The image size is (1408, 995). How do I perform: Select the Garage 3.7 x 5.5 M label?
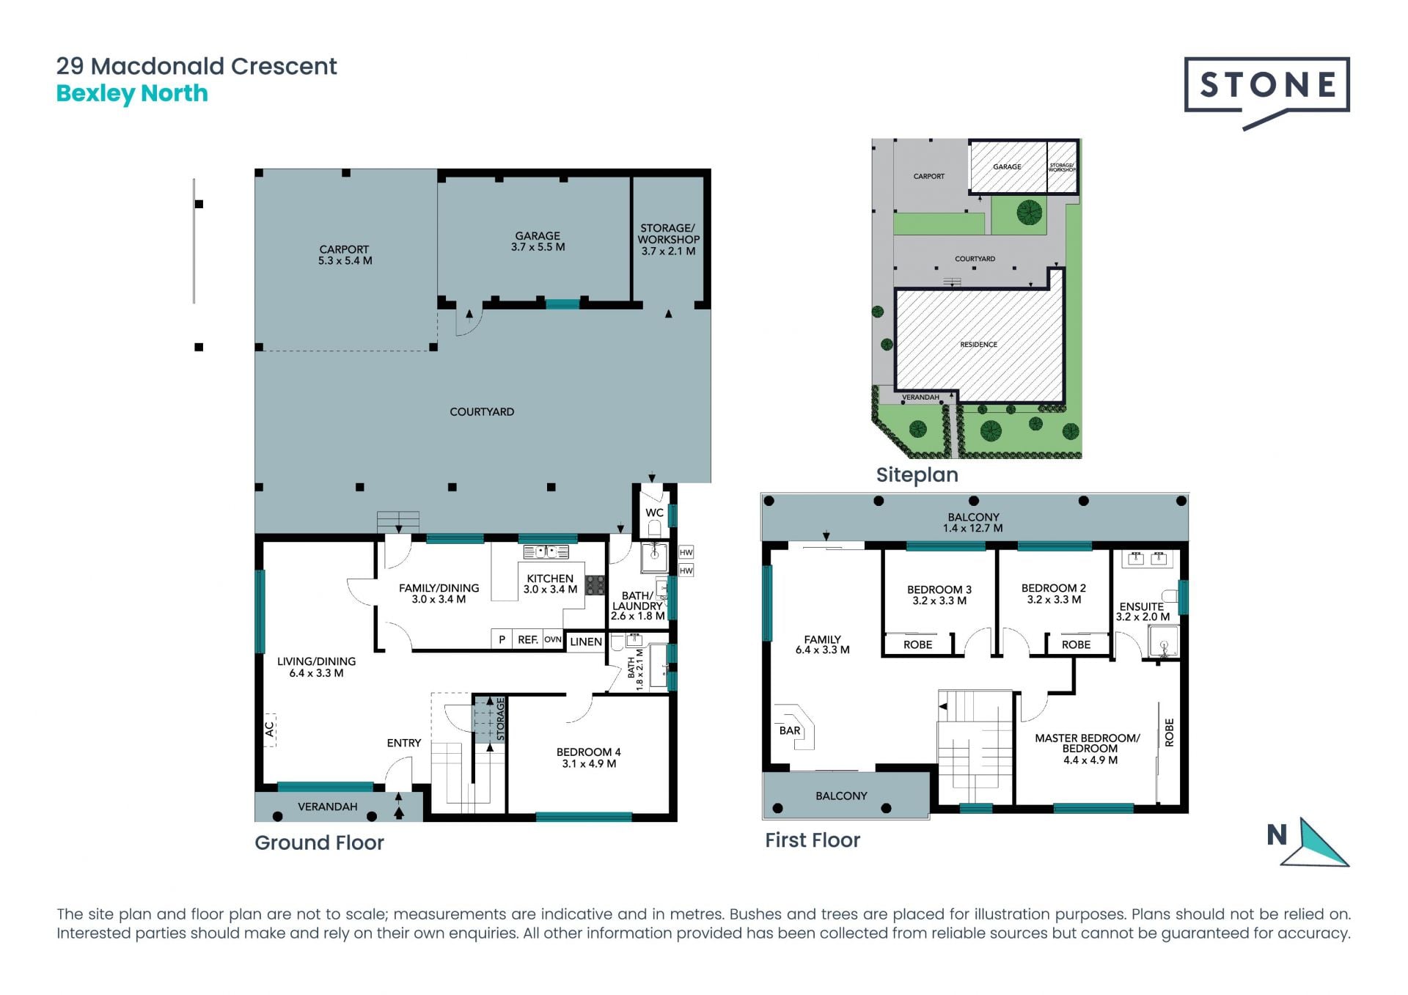pos(538,241)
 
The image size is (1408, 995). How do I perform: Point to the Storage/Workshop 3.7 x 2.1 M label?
pos(668,240)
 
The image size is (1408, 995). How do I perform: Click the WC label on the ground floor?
pos(654,513)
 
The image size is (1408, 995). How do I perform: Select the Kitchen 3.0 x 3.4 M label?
pos(550,584)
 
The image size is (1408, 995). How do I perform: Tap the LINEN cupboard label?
pos(586,642)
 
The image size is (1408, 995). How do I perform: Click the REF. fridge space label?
pos(528,639)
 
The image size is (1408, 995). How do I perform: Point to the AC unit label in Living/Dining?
pos(269,729)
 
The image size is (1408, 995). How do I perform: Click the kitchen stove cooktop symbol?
pos(595,584)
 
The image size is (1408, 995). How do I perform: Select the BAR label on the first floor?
pos(790,730)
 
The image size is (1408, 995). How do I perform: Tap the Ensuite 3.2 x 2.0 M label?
pos(1143,612)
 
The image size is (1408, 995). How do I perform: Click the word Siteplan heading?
pos(917,474)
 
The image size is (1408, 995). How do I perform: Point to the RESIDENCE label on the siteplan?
pos(978,344)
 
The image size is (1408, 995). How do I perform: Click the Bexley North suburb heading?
pos(132,94)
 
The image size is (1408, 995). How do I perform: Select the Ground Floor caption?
pos(319,842)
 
